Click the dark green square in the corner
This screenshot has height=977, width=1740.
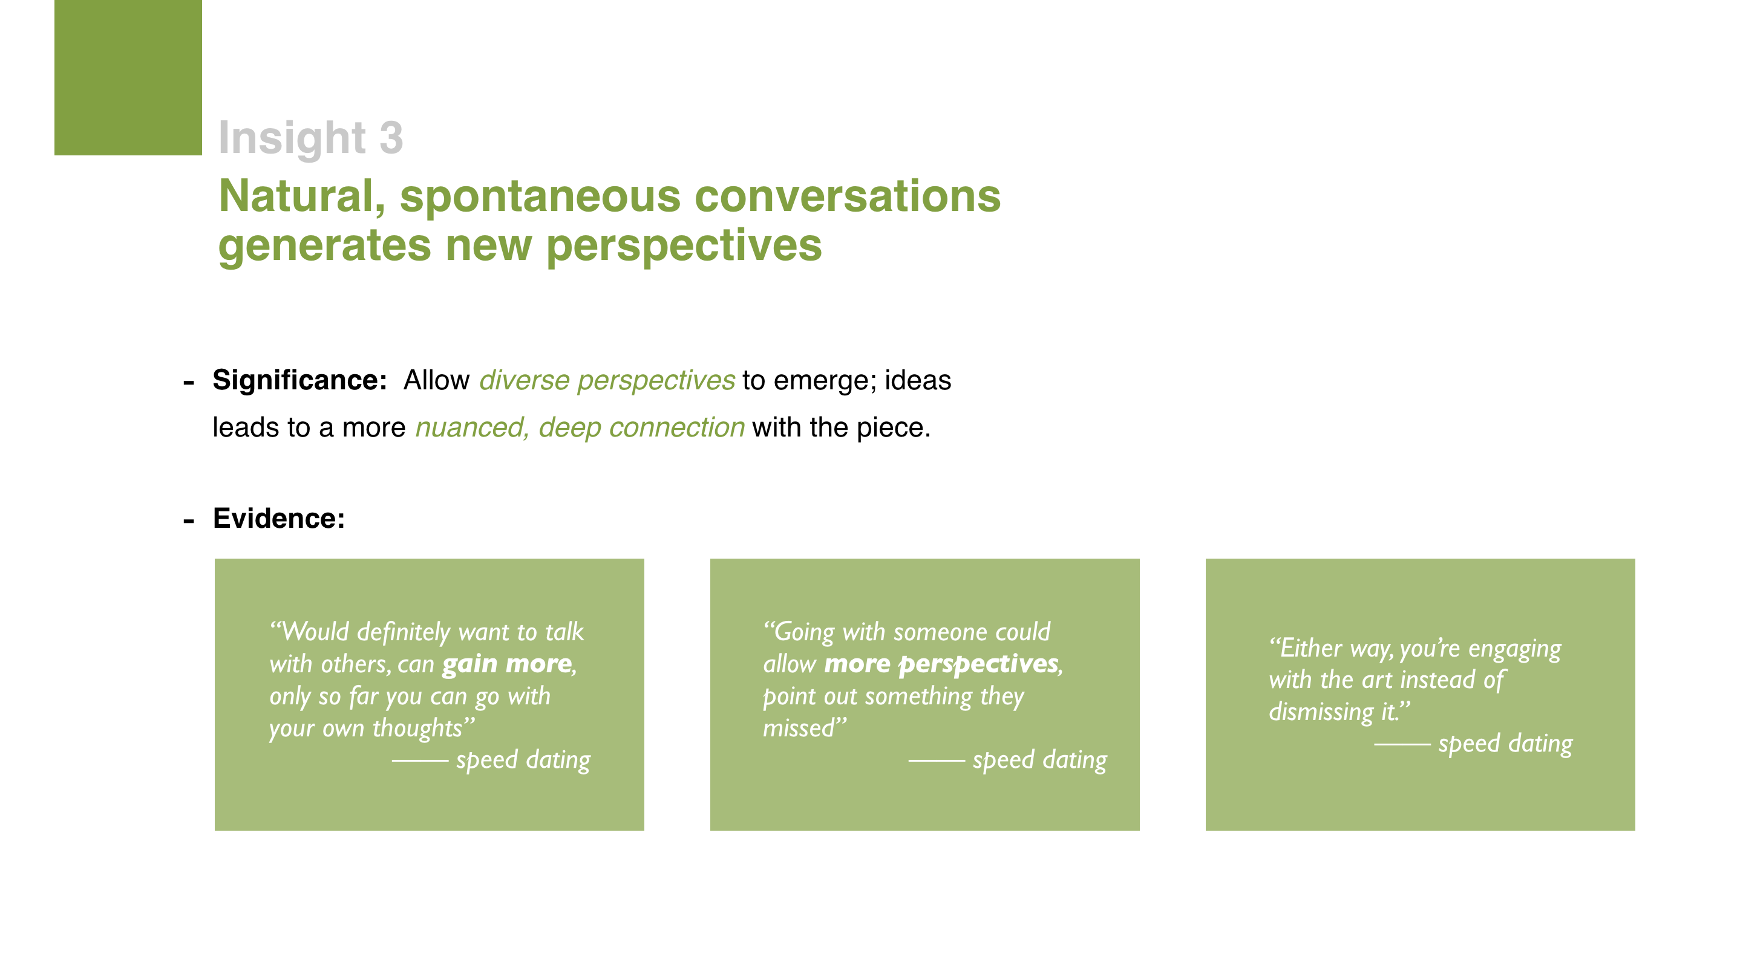[128, 77]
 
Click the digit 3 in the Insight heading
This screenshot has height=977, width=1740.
[391, 138]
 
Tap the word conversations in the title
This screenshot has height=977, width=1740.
[847, 196]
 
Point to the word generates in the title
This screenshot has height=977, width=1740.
[324, 246]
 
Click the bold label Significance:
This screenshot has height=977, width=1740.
[299, 380]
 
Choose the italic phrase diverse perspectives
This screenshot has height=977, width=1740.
[607, 381]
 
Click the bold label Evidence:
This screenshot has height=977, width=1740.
[279, 519]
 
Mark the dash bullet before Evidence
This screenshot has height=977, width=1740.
[188, 521]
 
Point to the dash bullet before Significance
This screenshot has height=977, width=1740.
[188, 383]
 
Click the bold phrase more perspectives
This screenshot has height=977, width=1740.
[941, 665]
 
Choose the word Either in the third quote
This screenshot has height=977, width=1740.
[1305, 648]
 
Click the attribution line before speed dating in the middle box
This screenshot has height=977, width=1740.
[936, 761]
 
